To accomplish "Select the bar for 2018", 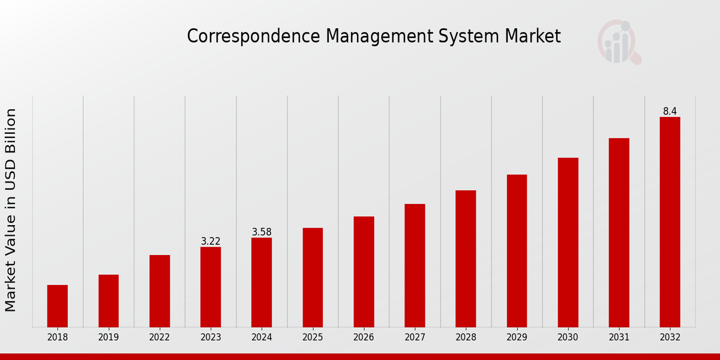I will tap(58, 306).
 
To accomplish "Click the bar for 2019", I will tap(109, 301).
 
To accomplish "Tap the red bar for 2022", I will tap(160, 291).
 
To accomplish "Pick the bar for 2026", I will tap(364, 272).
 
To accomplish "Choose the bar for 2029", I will tap(517, 251).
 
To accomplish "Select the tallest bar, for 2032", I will tap(670, 222).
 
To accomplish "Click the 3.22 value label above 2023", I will tap(211, 241).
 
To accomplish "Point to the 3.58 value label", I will tap(262, 232).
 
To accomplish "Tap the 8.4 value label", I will tap(670, 112).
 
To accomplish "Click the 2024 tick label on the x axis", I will tap(262, 338).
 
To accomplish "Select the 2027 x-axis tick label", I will tap(415, 338).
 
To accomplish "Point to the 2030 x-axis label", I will tap(568, 338).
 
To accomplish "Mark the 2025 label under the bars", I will tap(313, 338).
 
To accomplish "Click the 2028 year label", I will tap(466, 338).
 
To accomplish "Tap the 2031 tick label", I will tap(619, 338).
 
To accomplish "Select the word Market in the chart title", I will tap(533, 37).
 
